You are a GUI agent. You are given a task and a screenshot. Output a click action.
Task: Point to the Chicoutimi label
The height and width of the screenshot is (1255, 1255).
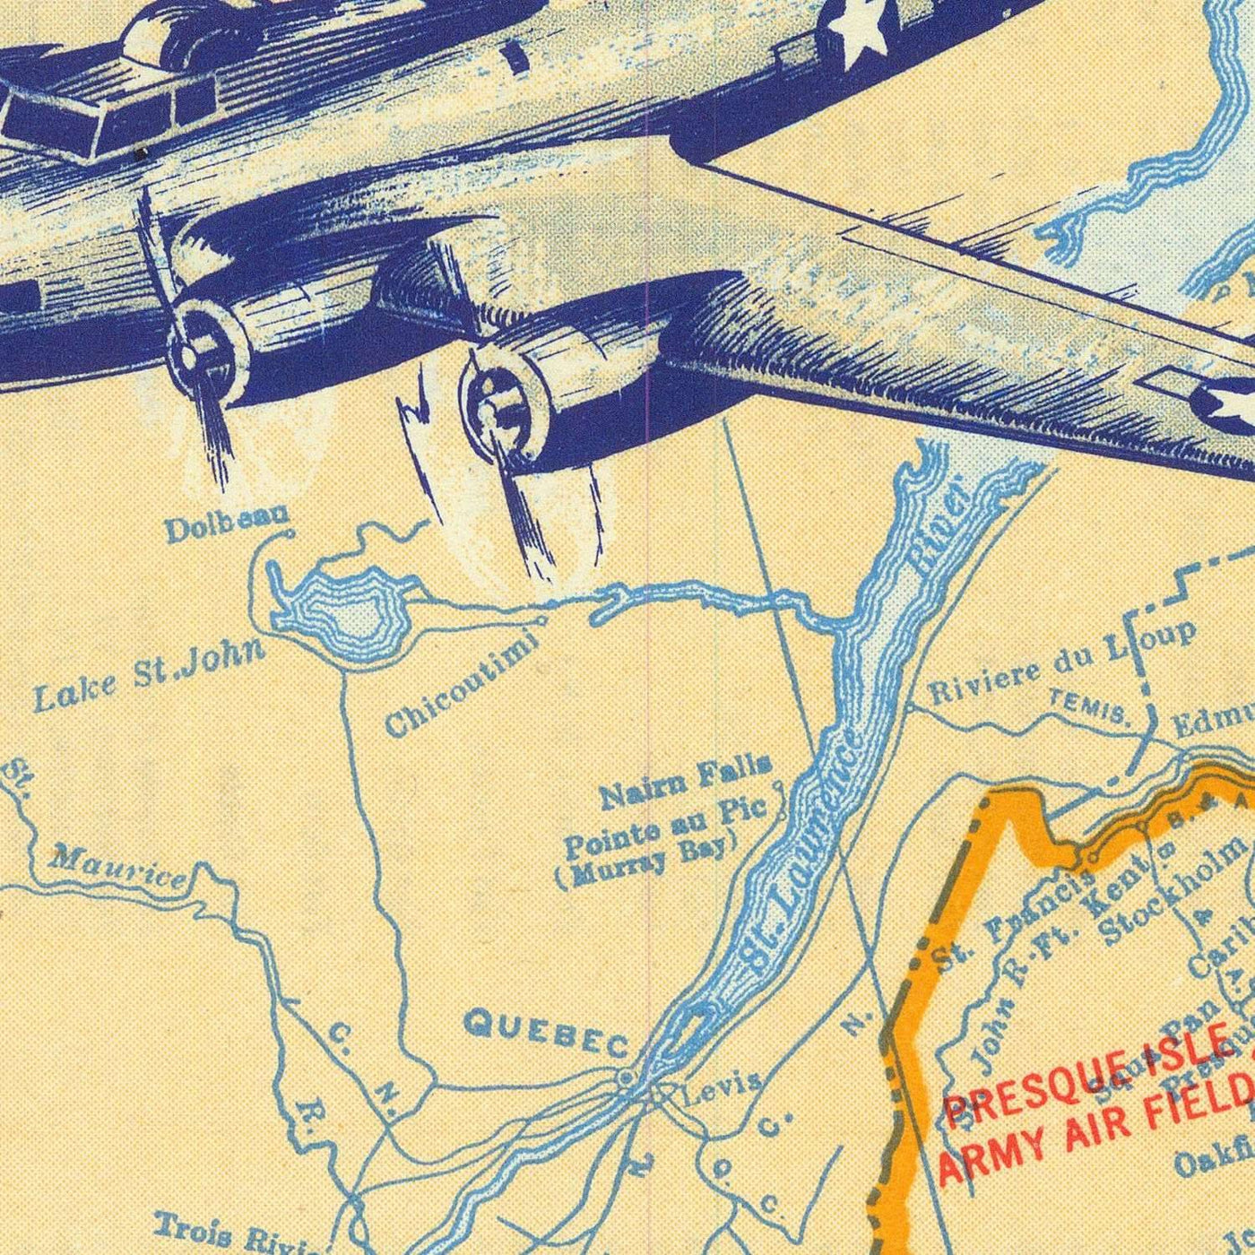coord(462,686)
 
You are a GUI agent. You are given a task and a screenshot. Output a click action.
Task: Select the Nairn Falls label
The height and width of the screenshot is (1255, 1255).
coord(685,782)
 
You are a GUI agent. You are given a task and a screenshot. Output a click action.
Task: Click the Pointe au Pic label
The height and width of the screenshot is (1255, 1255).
coord(665,826)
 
